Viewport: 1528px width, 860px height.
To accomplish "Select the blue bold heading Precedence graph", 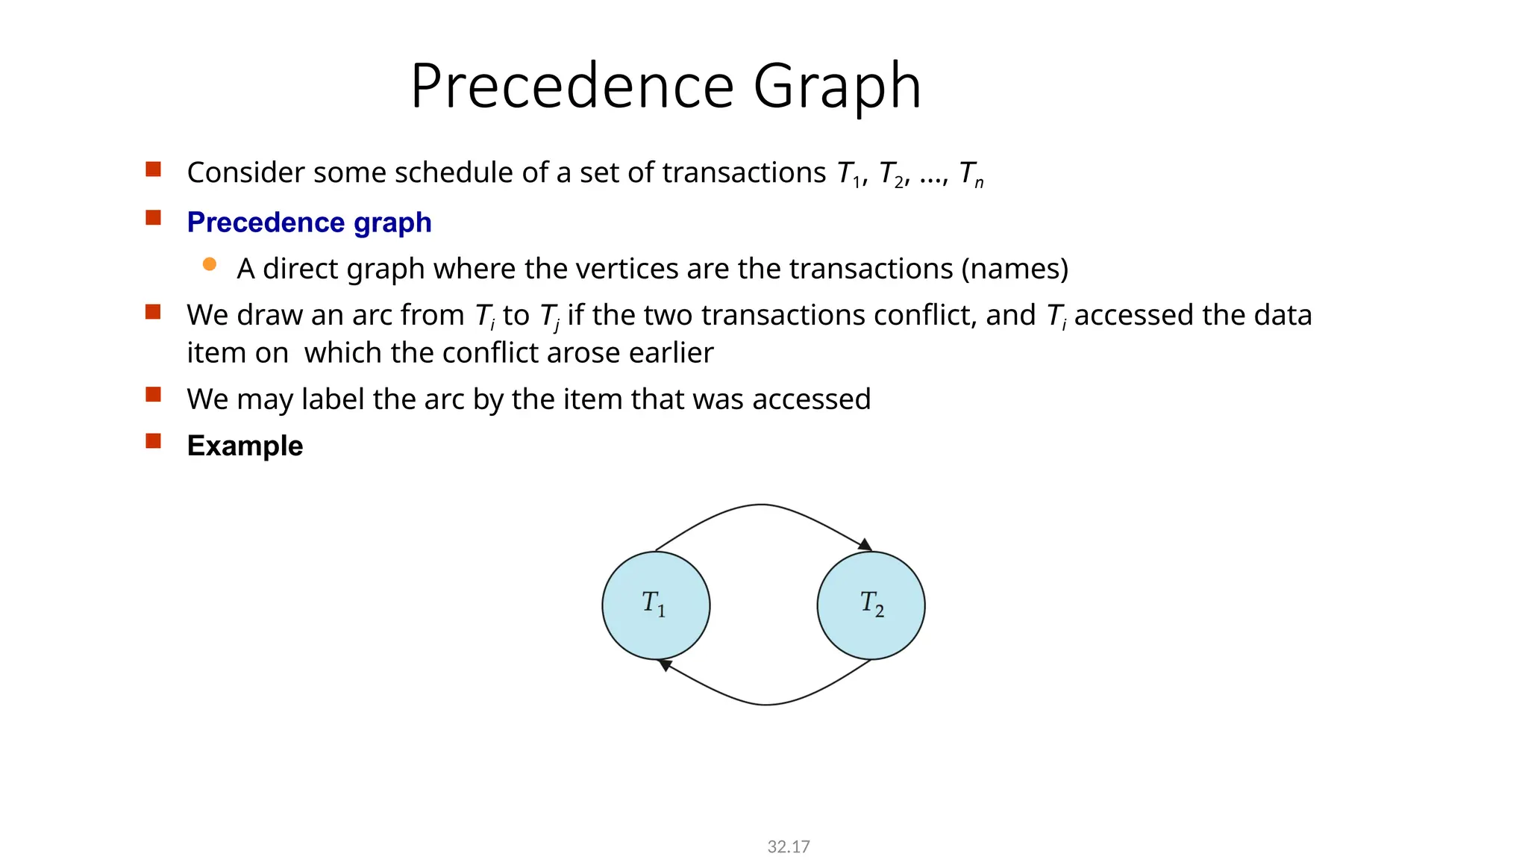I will point(309,222).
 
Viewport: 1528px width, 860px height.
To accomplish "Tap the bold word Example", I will point(245,446).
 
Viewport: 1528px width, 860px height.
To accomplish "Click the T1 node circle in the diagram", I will point(656,605).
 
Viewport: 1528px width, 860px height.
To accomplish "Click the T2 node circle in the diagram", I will point(871,605).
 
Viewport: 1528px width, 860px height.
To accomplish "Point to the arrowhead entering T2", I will point(865,545).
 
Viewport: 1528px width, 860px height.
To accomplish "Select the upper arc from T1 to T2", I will point(761,505).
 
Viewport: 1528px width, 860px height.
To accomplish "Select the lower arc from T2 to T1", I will point(767,704).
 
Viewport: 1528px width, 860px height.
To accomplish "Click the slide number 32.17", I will point(788,847).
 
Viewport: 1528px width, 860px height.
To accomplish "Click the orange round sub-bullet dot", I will point(210,264).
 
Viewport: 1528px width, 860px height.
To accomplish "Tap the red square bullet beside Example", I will point(154,440).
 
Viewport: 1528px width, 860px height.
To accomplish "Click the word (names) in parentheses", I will point(1015,269).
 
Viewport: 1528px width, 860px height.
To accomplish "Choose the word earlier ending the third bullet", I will point(671,353).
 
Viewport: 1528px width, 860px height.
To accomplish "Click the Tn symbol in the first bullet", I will point(971,174).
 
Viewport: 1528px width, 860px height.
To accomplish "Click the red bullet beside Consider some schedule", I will point(154,169).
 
